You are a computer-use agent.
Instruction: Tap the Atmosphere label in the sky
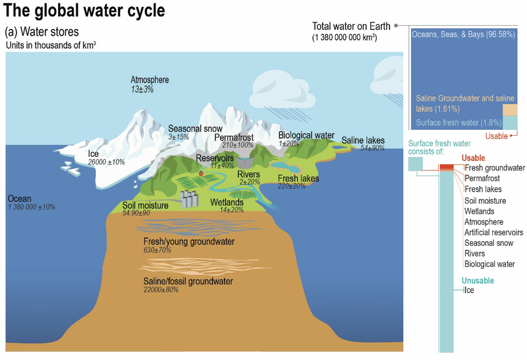150,80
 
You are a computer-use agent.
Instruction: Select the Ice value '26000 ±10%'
106,162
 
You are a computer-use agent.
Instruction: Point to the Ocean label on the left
20,198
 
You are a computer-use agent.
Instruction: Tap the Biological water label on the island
306,135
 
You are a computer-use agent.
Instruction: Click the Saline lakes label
363,140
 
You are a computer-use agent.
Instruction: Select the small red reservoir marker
202,173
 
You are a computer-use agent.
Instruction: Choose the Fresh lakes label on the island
298,179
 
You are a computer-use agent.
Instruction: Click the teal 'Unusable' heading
478,280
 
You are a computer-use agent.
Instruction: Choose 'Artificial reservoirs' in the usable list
493,233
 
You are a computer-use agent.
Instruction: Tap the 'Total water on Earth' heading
351,26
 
